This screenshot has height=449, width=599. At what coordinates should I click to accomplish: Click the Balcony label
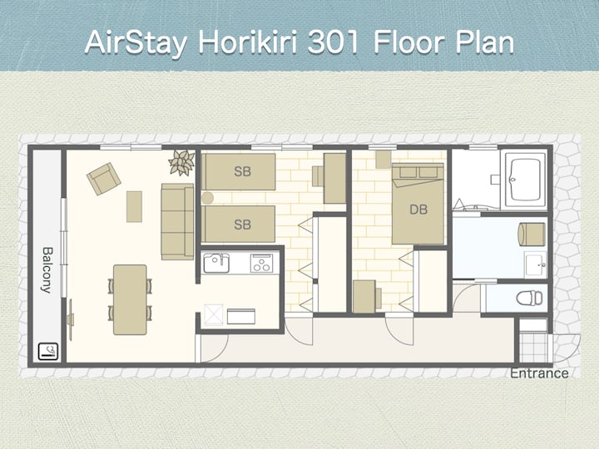[47, 270]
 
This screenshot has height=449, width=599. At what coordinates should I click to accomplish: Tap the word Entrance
[539, 373]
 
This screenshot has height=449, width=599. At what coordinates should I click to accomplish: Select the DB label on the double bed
[418, 210]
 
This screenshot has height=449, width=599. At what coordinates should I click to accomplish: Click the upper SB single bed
[239, 172]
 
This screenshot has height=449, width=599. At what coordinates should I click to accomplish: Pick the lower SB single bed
[239, 224]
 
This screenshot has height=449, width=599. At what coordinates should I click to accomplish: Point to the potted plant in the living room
[182, 162]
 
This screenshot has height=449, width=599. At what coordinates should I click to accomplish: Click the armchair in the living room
[104, 179]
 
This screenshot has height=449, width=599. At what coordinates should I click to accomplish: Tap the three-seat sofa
[177, 221]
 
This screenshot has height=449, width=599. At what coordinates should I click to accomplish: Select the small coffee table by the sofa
[134, 206]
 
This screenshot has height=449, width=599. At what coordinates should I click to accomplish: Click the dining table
[130, 299]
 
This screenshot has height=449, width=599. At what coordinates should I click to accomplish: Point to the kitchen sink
[216, 264]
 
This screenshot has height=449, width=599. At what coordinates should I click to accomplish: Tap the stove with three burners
[262, 264]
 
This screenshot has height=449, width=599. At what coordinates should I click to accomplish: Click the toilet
[529, 298]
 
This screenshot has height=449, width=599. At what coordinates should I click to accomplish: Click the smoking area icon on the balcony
[48, 352]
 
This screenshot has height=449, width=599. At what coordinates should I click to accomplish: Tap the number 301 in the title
[334, 42]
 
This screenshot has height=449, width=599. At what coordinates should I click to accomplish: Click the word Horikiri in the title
[247, 42]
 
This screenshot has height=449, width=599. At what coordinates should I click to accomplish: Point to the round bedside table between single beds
[207, 198]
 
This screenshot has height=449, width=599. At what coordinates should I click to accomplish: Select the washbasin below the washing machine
[535, 264]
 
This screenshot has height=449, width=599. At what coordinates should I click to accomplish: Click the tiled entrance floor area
[533, 348]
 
